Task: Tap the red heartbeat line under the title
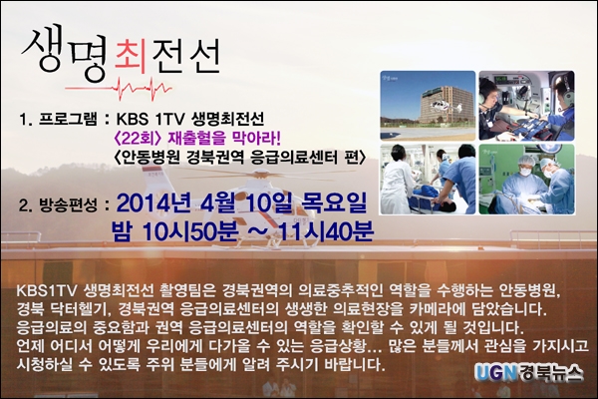coord(119,88)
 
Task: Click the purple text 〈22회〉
coord(137,139)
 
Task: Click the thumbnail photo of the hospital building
coord(428,106)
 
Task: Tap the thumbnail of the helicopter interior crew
coord(526,106)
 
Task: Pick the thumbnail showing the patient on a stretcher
coord(428,180)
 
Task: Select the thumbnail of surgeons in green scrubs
coord(526,180)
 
